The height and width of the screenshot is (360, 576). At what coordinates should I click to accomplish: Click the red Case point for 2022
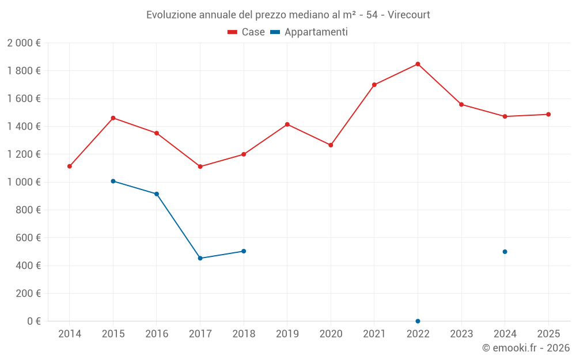(418, 64)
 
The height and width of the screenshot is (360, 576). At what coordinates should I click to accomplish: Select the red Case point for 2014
(70, 166)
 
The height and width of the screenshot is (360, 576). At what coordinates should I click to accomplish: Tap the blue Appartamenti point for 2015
(113, 181)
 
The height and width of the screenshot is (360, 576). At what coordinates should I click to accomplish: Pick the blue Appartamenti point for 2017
(200, 258)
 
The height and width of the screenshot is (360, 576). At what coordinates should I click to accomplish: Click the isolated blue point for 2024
(505, 252)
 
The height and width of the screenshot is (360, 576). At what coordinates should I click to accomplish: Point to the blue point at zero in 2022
(418, 321)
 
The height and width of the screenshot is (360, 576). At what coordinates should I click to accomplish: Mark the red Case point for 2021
(374, 85)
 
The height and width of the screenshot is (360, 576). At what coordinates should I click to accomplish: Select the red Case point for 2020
(331, 145)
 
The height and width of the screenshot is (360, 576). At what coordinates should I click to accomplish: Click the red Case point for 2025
(548, 114)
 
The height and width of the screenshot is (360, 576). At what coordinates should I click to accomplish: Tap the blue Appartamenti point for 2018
(244, 251)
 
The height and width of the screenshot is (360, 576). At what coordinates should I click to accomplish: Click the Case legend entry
(246, 32)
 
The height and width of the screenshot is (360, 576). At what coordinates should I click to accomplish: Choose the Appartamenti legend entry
(309, 32)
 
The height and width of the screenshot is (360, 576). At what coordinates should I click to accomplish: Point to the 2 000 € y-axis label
(24, 43)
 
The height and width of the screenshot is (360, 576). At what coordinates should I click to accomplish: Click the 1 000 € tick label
(24, 182)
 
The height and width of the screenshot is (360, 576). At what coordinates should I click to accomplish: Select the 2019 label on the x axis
(287, 334)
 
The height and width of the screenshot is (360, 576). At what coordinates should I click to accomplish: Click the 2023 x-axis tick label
(461, 334)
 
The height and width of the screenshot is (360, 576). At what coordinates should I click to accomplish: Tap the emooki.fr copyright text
(525, 348)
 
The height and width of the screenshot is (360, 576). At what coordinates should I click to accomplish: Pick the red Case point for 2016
(157, 133)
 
